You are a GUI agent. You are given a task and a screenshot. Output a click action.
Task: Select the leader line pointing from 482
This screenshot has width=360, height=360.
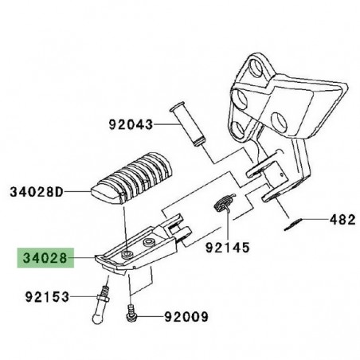click(315, 218)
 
